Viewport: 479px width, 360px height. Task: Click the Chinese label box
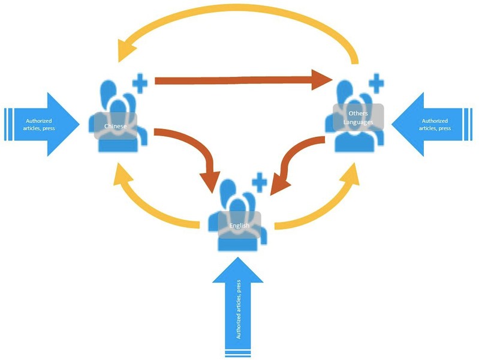pyautogui.click(x=115, y=126)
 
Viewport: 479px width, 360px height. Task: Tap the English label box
pyautogui.click(x=239, y=226)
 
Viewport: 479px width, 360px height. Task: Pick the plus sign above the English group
pyautogui.click(x=258, y=182)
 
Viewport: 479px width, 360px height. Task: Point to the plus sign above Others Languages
pyautogui.click(x=375, y=83)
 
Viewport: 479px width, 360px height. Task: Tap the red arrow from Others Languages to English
pyautogui.click(x=300, y=157)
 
